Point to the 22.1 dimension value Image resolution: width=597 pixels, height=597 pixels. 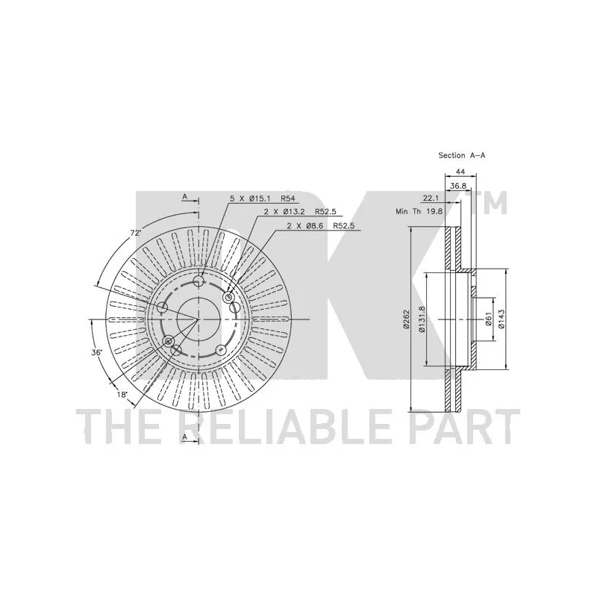click(430, 199)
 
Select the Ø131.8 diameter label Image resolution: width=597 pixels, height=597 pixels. click(421, 319)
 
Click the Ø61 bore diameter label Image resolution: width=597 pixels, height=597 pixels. click(487, 319)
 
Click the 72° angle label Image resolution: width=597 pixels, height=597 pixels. click(135, 234)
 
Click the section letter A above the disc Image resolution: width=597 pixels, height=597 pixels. click(184, 197)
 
